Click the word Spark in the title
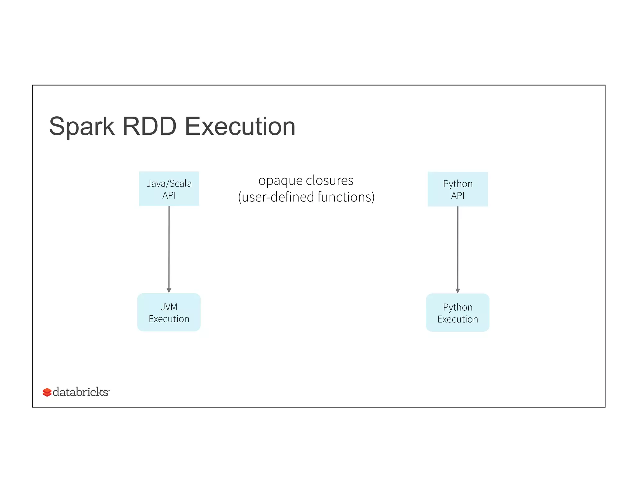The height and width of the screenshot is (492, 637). point(81,127)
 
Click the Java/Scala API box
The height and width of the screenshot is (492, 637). point(169,189)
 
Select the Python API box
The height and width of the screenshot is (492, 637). point(458,189)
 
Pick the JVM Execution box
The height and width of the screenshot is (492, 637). point(169,312)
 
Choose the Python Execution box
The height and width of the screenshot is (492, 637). point(458,313)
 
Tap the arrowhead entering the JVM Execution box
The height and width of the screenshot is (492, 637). point(169,290)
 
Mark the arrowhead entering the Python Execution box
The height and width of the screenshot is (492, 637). point(458,291)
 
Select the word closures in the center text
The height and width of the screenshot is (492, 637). point(330,180)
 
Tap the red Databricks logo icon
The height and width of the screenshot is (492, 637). point(47,392)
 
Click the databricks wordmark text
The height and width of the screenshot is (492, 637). point(81,392)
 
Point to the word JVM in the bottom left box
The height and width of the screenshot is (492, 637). point(169,307)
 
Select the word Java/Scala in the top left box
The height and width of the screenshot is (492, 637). point(169,183)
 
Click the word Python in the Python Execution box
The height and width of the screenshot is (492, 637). point(458,307)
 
